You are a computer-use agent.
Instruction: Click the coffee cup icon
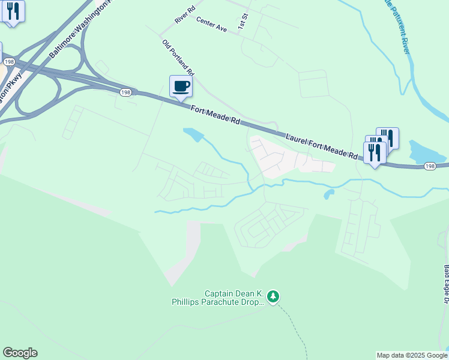(x=181, y=86)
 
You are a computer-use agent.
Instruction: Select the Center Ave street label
(x=211, y=25)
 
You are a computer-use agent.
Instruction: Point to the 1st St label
(x=243, y=24)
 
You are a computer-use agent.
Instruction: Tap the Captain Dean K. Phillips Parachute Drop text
(x=235, y=298)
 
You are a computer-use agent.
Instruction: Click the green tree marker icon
(x=274, y=296)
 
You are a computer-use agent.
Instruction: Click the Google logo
(x=20, y=353)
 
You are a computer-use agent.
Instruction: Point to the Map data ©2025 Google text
(x=411, y=355)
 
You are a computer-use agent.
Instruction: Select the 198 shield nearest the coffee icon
(x=125, y=92)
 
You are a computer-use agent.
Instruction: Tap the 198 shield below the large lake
(x=429, y=167)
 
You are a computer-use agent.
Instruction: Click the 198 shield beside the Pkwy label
(x=8, y=62)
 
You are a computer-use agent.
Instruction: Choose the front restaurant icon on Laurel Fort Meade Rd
(x=375, y=150)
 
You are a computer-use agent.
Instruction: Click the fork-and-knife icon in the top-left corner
(x=13, y=11)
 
